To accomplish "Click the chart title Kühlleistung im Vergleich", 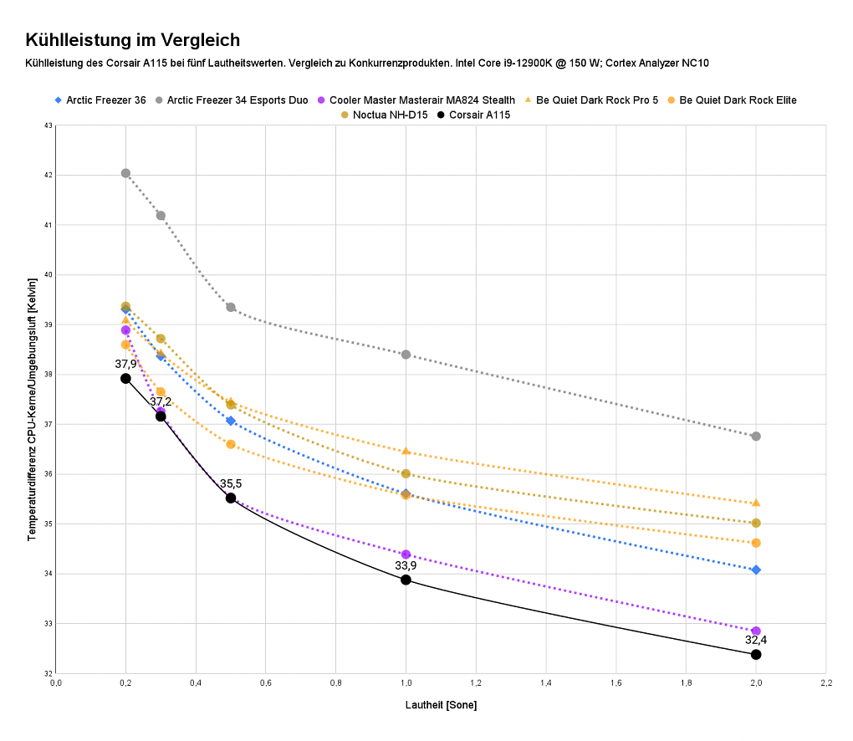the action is (x=133, y=39).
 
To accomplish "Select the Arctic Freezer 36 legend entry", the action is (x=100, y=100).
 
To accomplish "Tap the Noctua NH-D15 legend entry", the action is (x=384, y=115).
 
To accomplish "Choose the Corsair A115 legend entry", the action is (x=474, y=115).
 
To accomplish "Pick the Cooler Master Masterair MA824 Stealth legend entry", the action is (x=416, y=100).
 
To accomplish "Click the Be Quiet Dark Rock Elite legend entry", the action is (x=732, y=100).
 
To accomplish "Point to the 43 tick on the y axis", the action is (x=49, y=125).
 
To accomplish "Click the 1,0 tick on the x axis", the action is (x=406, y=682).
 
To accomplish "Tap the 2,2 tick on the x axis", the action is (x=825, y=682).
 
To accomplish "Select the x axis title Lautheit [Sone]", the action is (x=442, y=705).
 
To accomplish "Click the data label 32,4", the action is (x=756, y=640).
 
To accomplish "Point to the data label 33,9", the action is (x=406, y=566).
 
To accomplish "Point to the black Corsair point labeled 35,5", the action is (x=231, y=498).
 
